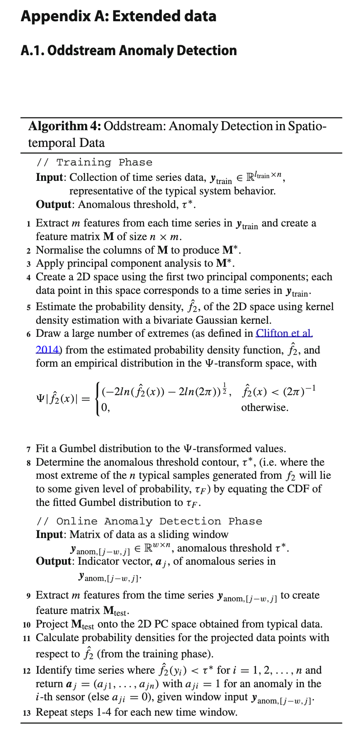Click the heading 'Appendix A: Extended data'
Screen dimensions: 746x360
(118, 16)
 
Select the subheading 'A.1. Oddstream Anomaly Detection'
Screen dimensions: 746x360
(129, 50)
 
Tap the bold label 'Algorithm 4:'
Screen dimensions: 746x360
(64, 126)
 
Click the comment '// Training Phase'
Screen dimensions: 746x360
(95, 162)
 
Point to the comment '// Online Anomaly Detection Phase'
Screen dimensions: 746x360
(149, 521)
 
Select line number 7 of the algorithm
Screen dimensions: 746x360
(28, 449)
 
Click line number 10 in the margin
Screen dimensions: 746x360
(27, 624)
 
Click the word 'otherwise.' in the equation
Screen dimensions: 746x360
(265, 407)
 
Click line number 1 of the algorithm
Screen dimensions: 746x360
(28, 223)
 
